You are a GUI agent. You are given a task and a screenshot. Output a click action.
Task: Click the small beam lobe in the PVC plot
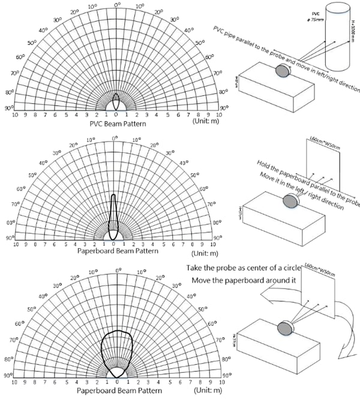point(116,101)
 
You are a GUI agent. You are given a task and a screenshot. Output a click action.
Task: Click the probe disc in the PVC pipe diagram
point(281,71)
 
